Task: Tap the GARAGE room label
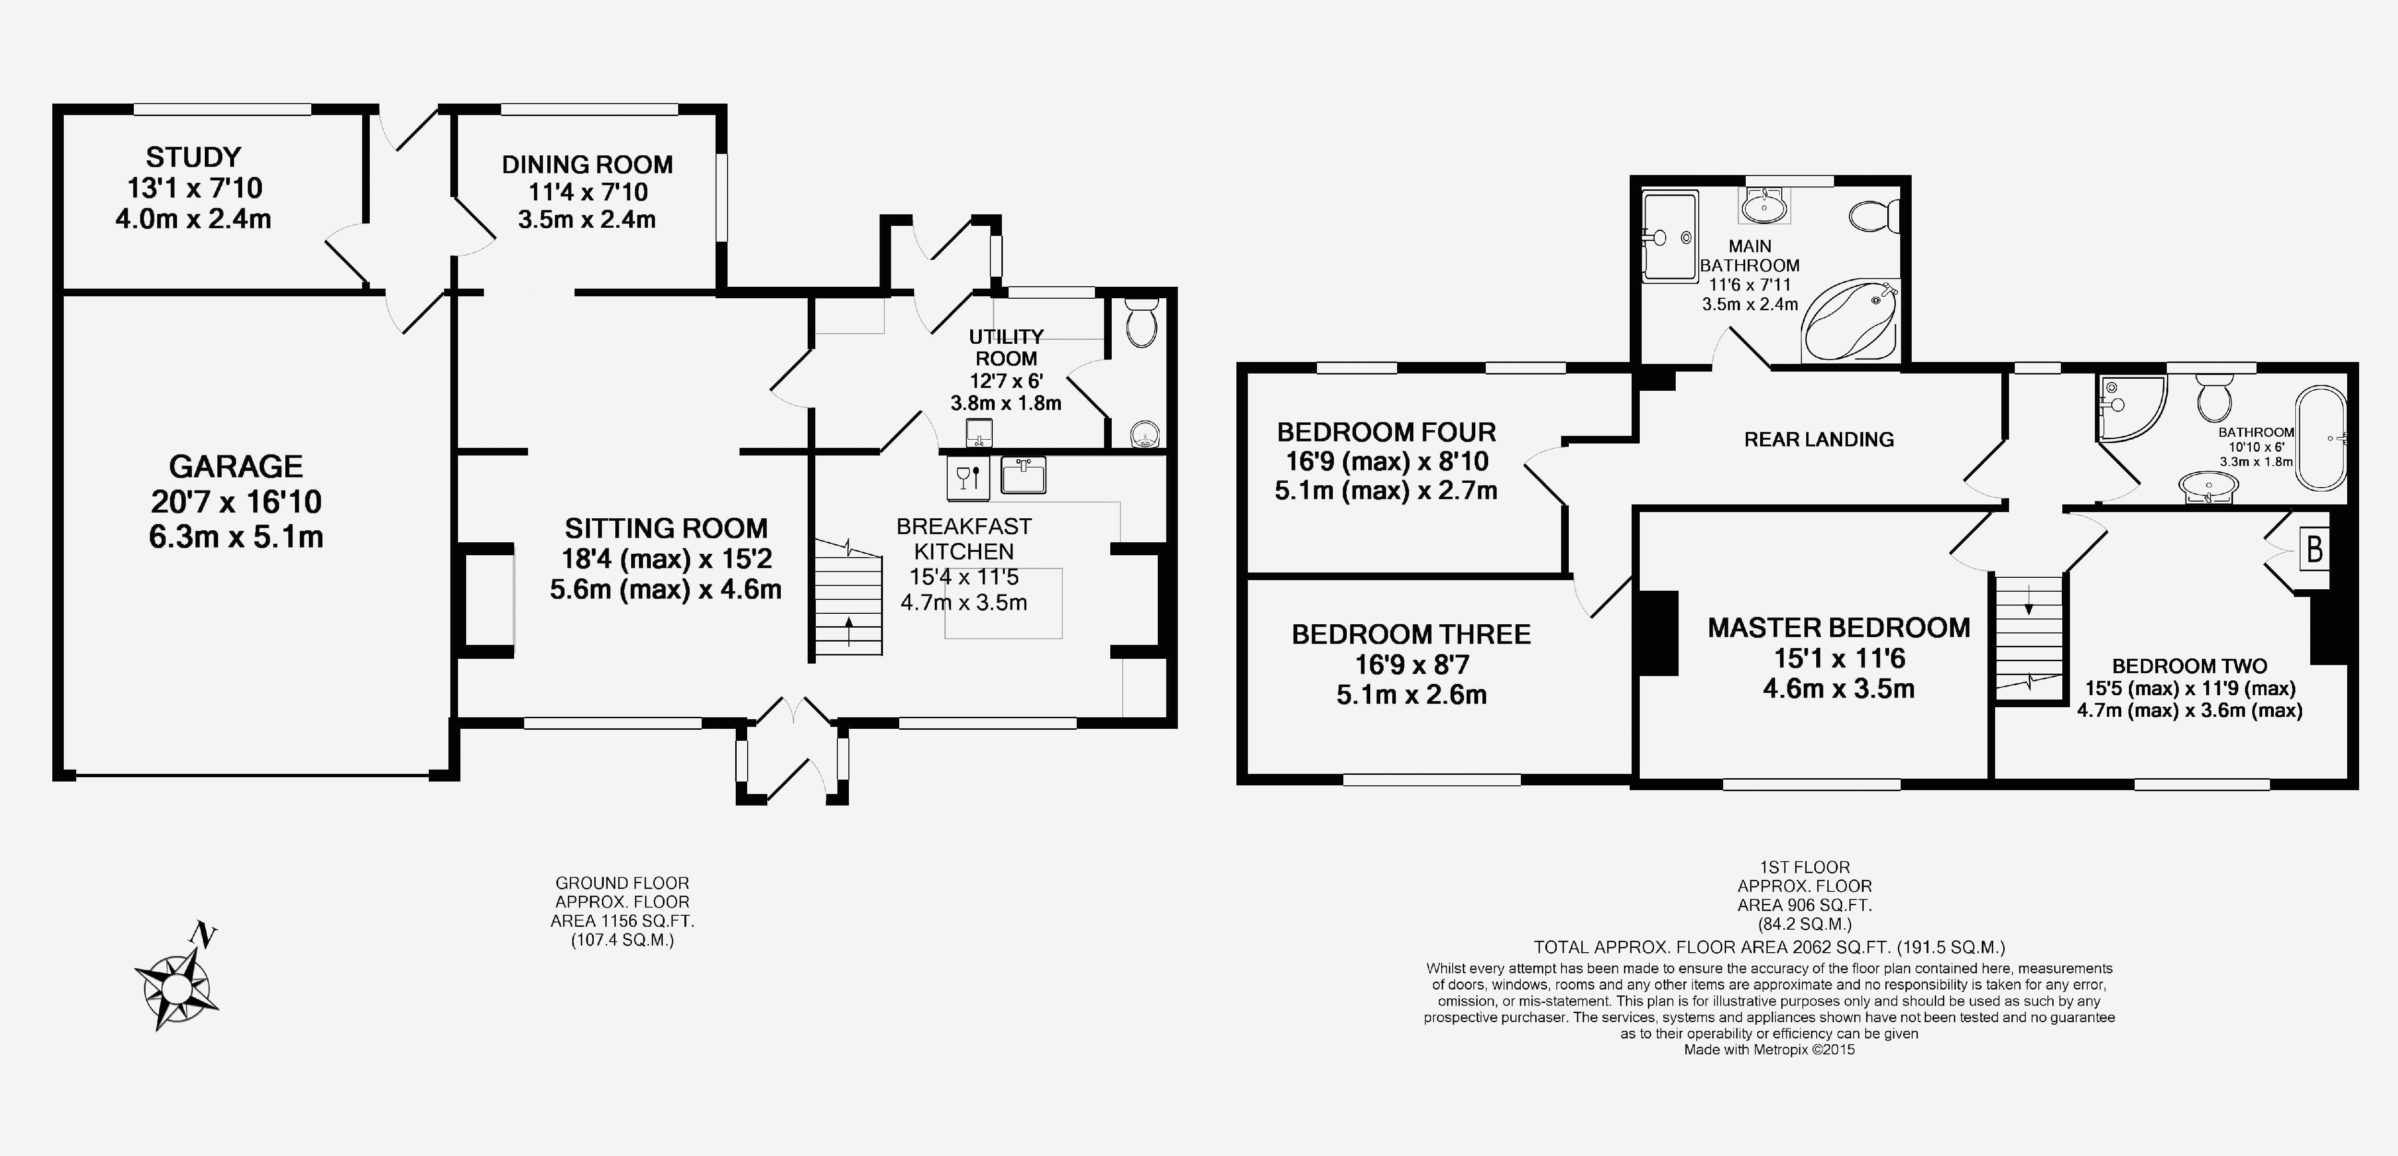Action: coord(236,467)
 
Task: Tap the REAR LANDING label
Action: coord(1818,439)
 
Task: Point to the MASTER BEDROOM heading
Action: coord(1838,628)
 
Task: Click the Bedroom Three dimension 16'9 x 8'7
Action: coord(1411,665)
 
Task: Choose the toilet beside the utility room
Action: coord(1140,321)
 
